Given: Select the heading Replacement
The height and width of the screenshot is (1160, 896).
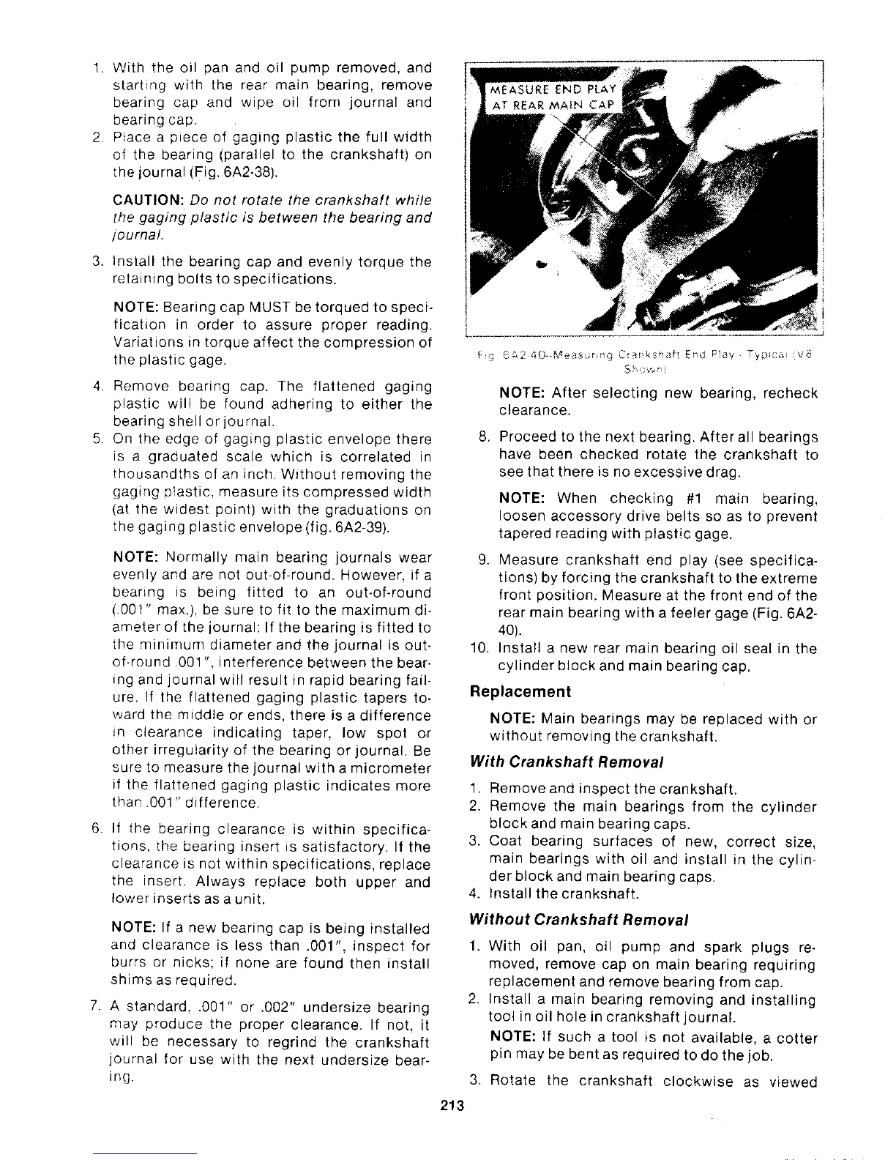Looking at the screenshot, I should pyautogui.click(x=520, y=692).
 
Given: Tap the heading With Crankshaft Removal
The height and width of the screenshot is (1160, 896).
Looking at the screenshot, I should pyautogui.click(x=567, y=762).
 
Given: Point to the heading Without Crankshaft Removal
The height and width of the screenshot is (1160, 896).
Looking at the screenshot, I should pyautogui.click(x=580, y=919).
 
